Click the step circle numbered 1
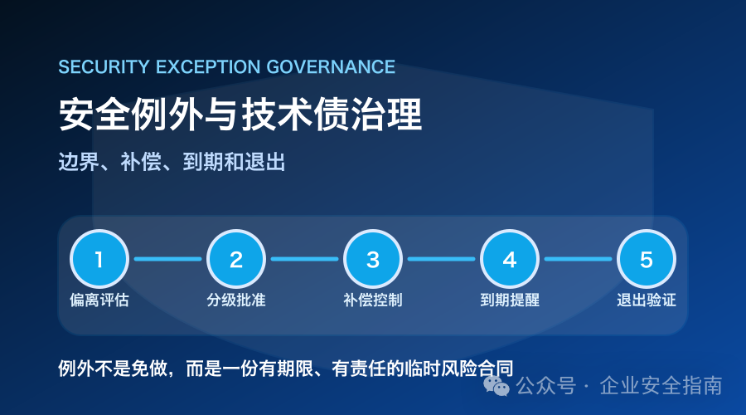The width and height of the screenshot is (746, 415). [99, 259]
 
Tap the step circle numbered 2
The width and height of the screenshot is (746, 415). [236, 259]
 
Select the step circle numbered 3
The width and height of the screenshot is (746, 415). [373, 259]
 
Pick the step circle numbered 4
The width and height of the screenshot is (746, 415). [510, 259]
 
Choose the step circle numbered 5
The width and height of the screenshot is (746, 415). [647, 259]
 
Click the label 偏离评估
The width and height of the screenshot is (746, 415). [99, 300]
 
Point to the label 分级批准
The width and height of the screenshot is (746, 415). [236, 300]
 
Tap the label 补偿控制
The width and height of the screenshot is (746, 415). [373, 300]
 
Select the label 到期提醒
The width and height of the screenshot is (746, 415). [510, 300]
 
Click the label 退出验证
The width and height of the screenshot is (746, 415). [647, 300]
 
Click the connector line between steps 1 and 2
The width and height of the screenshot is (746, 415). [168, 259]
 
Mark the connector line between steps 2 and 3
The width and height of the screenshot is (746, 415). [304, 259]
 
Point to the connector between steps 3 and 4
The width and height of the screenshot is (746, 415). [442, 259]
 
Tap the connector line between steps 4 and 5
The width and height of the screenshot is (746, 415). [578, 259]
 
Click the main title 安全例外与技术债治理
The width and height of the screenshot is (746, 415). [240, 115]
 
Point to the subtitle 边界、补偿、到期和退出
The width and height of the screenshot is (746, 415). [172, 162]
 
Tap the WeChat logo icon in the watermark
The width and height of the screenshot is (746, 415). [497, 385]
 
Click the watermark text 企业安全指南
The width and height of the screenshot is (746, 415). [661, 385]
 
